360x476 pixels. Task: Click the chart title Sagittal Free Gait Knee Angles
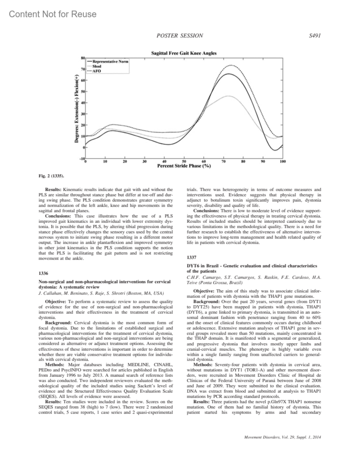coord(184,53)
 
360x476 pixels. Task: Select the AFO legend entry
coord(97,71)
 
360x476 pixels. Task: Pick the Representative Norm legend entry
coord(110,61)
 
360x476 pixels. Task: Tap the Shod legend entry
coord(97,66)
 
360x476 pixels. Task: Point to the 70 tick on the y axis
coord(82,69)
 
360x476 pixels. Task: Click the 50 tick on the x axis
coord(184,161)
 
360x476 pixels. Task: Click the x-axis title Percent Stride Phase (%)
coord(184,166)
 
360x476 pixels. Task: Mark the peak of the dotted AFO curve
coord(230,65)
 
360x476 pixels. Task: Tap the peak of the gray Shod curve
coord(229,96)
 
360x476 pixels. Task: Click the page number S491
coord(315,36)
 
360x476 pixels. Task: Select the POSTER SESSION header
coord(180,36)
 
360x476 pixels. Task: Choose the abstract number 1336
coord(43,273)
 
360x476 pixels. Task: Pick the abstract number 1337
coord(191,257)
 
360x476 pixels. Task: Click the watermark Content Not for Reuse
coord(53,14)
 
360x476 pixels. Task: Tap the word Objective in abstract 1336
coord(55,301)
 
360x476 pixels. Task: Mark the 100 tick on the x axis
coord(282,161)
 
